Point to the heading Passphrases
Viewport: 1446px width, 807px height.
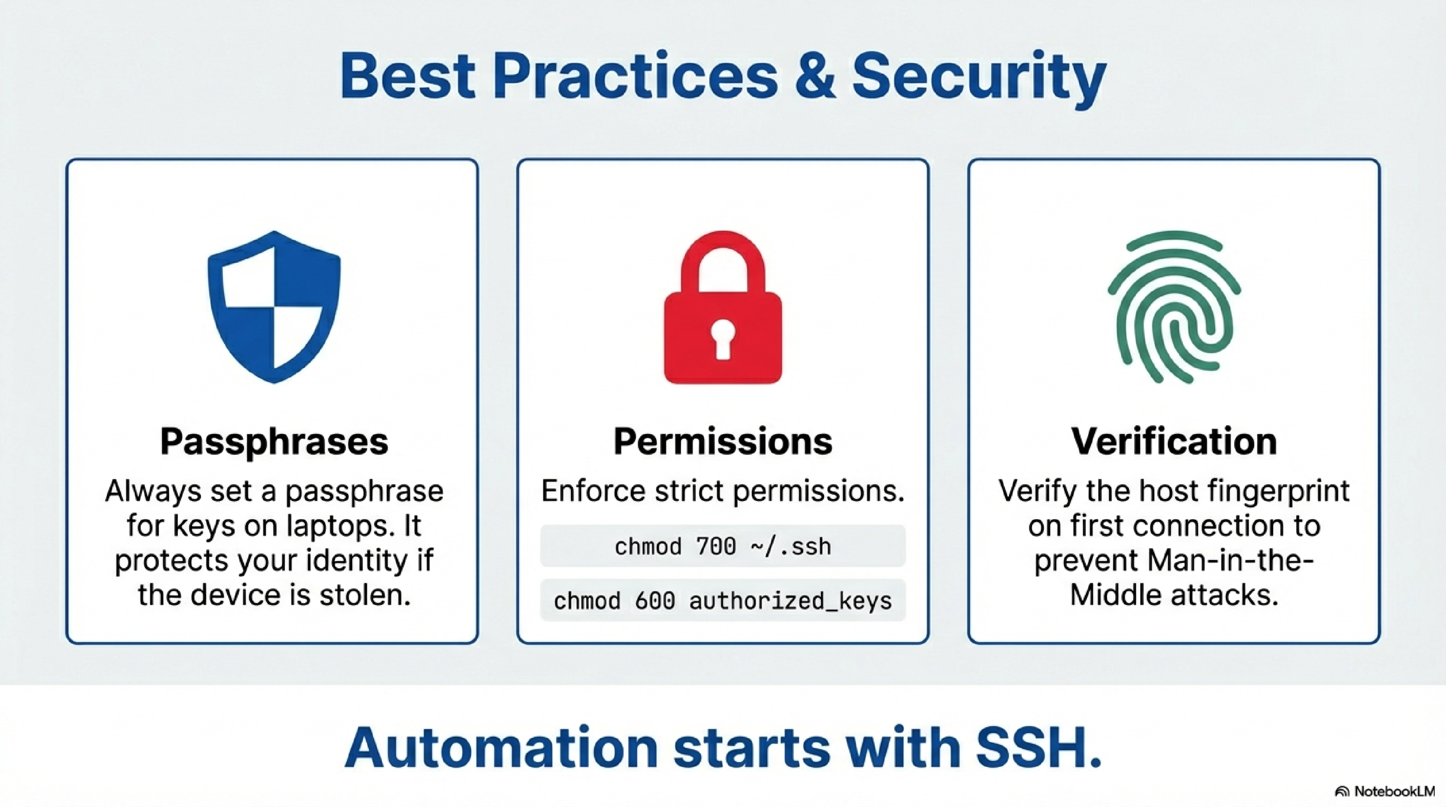click(x=274, y=441)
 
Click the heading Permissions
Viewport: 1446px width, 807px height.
click(x=723, y=441)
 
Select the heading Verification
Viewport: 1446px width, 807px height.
click(x=1174, y=441)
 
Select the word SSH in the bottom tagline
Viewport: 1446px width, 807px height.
click(x=1039, y=748)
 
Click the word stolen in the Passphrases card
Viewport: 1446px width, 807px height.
click(x=365, y=595)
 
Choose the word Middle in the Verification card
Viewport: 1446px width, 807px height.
click(x=1114, y=595)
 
